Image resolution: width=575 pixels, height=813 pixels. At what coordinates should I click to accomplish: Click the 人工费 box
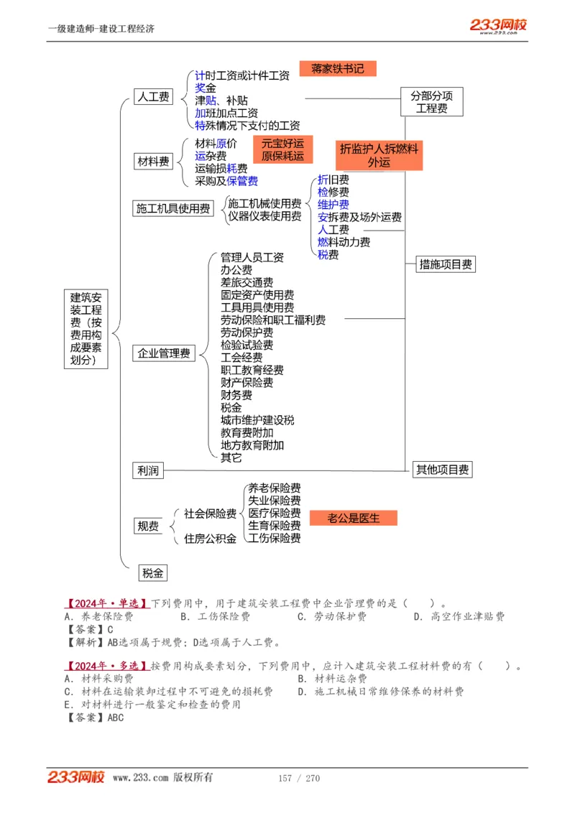point(154,96)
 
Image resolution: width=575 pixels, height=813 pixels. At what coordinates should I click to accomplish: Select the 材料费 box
point(154,162)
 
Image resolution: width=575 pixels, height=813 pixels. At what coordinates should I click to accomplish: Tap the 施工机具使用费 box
point(173,208)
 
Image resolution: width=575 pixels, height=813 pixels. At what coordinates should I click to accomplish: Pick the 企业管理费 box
point(164,353)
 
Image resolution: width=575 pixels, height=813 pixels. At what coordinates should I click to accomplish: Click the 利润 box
point(148,470)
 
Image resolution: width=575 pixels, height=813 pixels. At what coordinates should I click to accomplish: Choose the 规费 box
point(148,526)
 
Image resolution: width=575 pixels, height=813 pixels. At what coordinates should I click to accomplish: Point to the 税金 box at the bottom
point(153,572)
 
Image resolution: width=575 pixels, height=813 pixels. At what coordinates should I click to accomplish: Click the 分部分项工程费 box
point(431,101)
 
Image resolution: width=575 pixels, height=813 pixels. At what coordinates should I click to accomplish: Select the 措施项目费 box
point(446,264)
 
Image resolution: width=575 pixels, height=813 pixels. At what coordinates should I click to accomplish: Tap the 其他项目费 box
point(443,470)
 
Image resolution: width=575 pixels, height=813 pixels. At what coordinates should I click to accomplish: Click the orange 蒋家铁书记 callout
point(338,69)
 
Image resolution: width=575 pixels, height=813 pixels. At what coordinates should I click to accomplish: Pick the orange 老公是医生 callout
point(353,517)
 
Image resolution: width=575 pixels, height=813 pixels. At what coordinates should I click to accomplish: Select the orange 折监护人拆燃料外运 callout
point(379,155)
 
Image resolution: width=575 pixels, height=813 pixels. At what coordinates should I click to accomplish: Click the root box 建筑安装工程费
point(86,329)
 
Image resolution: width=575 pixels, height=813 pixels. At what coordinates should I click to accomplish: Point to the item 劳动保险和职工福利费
point(272,320)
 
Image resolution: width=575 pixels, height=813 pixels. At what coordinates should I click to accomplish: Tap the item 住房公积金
point(210,539)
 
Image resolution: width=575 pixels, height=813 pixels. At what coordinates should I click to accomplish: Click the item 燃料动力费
point(344,242)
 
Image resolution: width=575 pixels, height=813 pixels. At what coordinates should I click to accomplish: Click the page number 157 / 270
point(298,778)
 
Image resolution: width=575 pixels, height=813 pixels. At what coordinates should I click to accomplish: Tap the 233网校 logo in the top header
point(498,26)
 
